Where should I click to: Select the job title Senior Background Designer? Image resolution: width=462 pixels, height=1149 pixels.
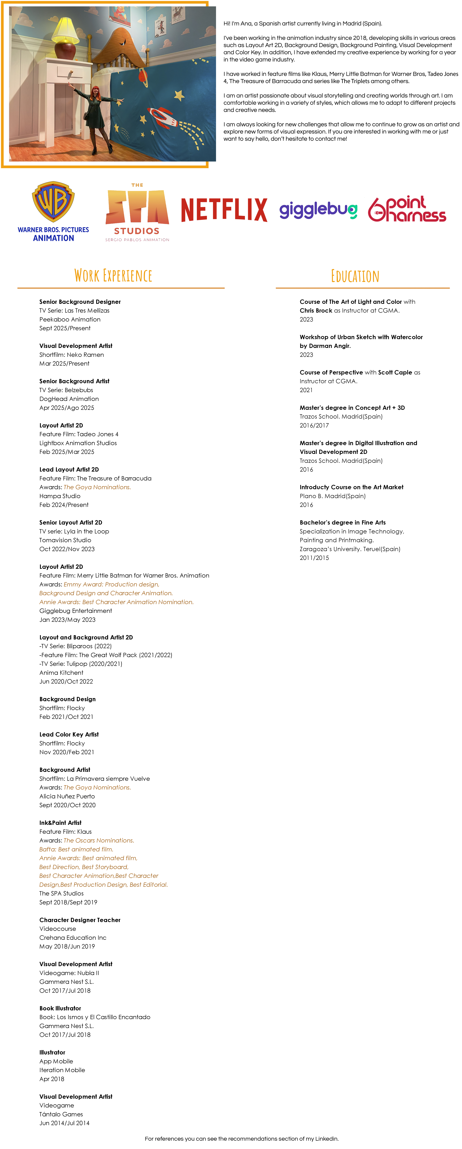coord(80,302)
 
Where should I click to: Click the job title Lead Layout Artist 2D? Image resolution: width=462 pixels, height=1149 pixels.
coord(69,469)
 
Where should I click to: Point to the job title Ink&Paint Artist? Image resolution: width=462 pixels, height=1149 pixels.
coord(60,822)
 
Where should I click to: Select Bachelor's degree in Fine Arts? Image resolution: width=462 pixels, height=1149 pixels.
coord(342,522)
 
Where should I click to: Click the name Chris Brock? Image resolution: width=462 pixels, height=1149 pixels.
coord(316,310)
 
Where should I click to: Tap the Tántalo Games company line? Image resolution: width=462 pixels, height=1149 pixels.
coord(61,1114)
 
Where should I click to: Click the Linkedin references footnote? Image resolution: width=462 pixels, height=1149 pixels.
coord(241,1139)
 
